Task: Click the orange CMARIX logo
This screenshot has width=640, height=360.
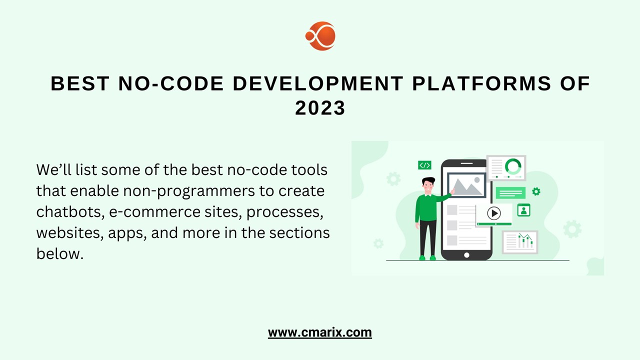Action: click(x=320, y=36)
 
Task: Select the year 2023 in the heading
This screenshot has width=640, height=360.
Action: click(x=320, y=108)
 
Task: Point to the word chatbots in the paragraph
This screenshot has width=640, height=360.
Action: click(x=69, y=211)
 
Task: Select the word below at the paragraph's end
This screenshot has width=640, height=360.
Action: click(x=58, y=253)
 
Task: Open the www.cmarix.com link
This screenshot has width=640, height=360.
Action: click(x=320, y=332)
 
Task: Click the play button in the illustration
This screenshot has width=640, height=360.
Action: click(x=493, y=213)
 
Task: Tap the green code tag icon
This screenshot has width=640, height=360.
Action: click(x=424, y=165)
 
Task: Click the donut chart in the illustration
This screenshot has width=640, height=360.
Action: click(x=513, y=166)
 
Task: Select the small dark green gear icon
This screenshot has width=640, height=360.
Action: click(x=536, y=191)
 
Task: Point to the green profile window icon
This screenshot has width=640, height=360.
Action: click(x=523, y=210)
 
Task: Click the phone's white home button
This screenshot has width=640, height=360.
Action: click(x=466, y=255)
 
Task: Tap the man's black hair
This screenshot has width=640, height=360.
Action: click(x=428, y=180)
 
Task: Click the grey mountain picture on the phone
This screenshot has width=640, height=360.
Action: click(x=466, y=186)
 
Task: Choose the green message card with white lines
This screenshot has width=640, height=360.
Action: click(x=510, y=193)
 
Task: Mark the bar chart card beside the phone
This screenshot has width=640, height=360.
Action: click(x=520, y=242)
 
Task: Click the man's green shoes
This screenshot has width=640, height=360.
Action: click(x=427, y=258)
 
